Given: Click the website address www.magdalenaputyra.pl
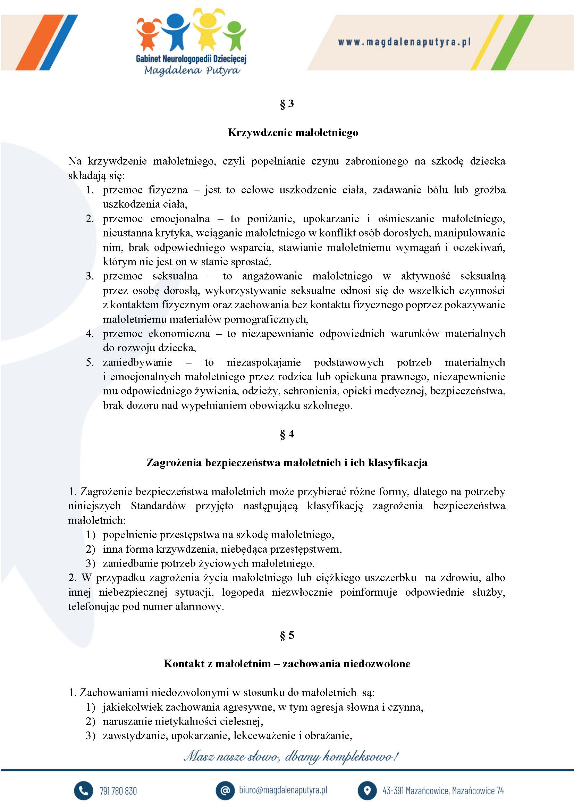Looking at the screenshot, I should coord(404,42).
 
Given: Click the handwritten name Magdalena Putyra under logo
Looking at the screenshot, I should coord(192,70).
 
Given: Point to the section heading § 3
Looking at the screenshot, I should coord(287,104).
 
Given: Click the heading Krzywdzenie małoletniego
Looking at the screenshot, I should coord(293,133).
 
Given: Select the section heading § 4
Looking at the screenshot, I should coord(287,434).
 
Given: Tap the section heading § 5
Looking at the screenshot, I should coord(287,636).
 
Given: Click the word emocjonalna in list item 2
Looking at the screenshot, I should coord(180,219).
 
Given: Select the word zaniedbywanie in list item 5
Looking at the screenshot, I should coord(137,362).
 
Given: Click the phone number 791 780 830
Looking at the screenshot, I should coord(118,791).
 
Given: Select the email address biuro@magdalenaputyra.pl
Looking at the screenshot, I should coord(283,790).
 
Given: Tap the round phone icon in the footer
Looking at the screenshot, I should coord(83,791).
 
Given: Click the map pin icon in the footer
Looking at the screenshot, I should coord(367,791).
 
